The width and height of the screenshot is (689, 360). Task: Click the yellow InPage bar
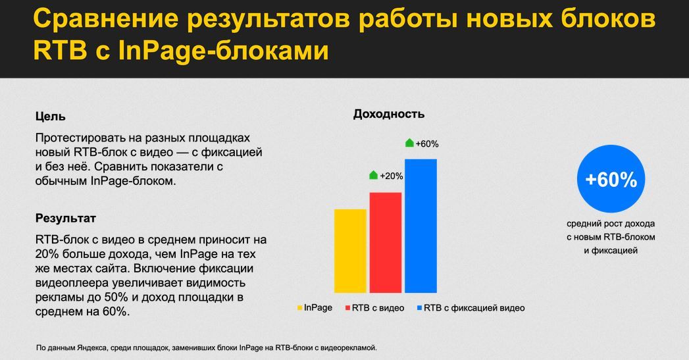click(350, 251)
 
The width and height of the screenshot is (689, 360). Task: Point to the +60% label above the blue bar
click(427, 143)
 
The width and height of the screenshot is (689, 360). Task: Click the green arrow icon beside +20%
click(373, 175)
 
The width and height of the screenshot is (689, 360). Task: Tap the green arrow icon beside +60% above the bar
click(409, 143)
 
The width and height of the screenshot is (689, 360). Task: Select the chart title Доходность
click(388, 114)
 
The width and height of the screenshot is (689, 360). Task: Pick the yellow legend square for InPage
click(300, 307)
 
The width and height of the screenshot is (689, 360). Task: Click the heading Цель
click(50, 116)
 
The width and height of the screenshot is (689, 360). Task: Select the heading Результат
click(65, 218)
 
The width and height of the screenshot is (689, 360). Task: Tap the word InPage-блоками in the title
click(223, 51)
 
